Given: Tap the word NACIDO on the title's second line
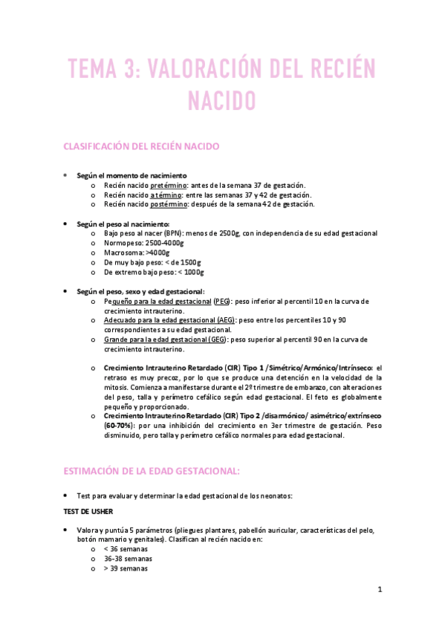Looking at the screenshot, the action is [221, 100].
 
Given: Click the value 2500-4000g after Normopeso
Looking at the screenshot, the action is [161, 243].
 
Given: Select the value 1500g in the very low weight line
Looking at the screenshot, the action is [189, 262].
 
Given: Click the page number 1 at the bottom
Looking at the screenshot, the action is [380, 590].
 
